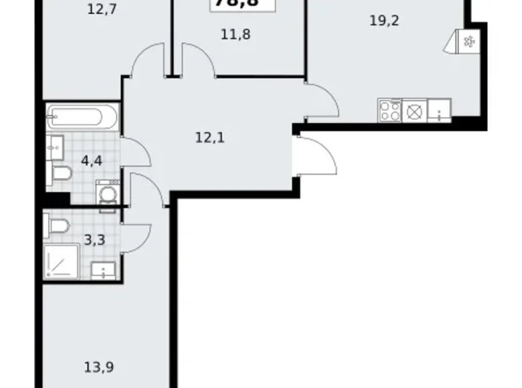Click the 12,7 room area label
(x=102, y=9)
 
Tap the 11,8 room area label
(x=236, y=33)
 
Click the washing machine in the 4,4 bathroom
(x=107, y=193)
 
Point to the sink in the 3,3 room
(x=103, y=271)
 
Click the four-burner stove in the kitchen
(x=389, y=109)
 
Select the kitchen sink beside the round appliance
(x=438, y=109)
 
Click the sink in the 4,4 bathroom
(x=56, y=144)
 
